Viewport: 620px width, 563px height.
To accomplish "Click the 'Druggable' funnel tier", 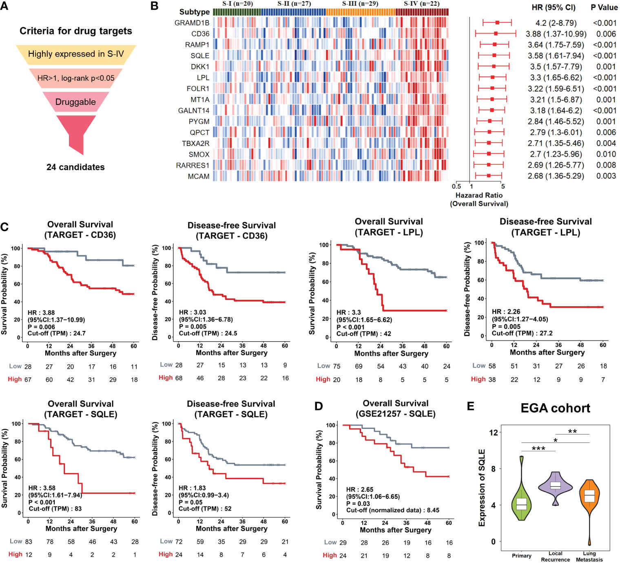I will [76, 102].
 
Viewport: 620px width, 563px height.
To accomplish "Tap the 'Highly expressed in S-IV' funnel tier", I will [76, 54].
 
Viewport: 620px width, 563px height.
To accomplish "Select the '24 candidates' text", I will [75, 167].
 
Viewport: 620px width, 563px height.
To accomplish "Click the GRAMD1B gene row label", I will [192, 23].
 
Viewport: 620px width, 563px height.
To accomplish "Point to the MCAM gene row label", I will [199, 177].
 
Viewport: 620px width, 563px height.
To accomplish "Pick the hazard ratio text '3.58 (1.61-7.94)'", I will [556, 56].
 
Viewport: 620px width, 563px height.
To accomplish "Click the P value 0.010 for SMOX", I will [606, 154].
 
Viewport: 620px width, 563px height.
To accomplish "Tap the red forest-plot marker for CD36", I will [496, 34].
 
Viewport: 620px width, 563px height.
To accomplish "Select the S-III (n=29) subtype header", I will [360, 4].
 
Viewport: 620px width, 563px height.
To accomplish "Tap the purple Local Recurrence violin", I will [556, 486].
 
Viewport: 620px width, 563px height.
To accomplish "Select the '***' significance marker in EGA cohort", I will [538, 448].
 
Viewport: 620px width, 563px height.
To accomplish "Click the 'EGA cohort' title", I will [555, 408].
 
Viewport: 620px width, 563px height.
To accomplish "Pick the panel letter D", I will [319, 406].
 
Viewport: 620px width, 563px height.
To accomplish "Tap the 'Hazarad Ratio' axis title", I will [479, 195].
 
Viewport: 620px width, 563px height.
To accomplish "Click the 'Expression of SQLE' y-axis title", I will [482, 488].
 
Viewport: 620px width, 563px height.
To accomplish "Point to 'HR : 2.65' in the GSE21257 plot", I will [359, 490].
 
